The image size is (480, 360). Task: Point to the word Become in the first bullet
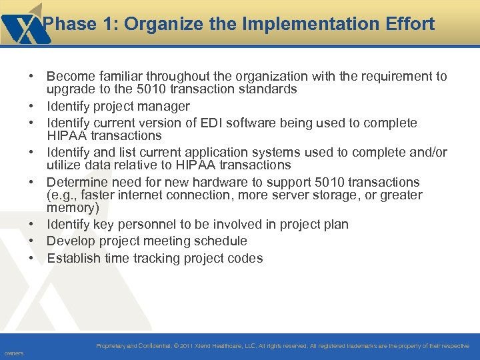point(69,77)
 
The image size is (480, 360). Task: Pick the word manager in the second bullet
point(166,107)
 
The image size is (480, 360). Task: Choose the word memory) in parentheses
point(73,208)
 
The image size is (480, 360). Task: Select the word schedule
point(220,241)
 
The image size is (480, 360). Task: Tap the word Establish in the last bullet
point(73,259)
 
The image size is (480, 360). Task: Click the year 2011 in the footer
point(186,346)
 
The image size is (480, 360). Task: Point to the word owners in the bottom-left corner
point(13,353)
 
